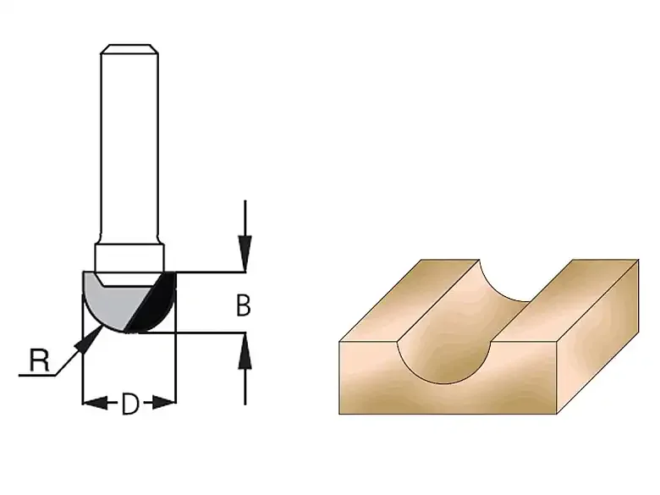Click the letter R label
point(39,360)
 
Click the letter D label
point(130,404)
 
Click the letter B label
point(244,306)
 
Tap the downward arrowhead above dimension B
point(245,253)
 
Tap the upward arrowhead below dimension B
point(245,351)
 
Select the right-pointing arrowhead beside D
point(162,403)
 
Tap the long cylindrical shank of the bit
point(129,143)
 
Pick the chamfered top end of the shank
point(129,49)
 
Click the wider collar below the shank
point(129,257)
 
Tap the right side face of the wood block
point(597,337)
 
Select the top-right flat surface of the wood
point(564,300)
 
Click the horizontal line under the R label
point(37,375)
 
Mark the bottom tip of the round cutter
point(130,332)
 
